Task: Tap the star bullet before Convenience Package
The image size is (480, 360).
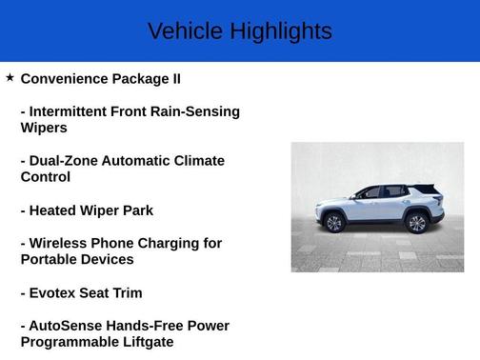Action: point(10,77)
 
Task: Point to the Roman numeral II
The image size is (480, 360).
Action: point(174,79)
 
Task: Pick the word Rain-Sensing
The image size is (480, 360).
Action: point(194,111)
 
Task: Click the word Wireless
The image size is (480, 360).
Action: point(65,243)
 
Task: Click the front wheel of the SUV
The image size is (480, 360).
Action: point(333,223)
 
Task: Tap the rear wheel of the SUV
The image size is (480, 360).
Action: point(416,223)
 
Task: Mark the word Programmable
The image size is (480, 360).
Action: point(66,342)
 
